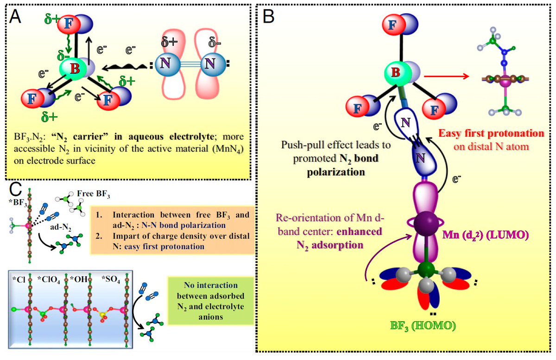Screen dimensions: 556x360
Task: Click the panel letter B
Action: (x=268, y=16)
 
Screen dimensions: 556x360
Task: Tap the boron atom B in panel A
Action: (x=74, y=68)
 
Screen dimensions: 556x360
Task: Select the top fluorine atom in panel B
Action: (x=394, y=25)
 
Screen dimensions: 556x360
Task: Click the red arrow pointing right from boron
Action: (x=446, y=76)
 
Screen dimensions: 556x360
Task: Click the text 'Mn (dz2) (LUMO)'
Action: (x=486, y=234)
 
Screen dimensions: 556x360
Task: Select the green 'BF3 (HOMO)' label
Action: (x=423, y=326)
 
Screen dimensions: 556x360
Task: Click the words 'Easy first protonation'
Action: (x=491, y=133)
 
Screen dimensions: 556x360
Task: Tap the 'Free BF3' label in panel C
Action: (x=93, y=194)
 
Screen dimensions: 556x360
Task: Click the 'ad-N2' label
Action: (x=61, y=227)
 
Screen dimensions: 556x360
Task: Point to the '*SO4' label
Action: (x=111, y=279)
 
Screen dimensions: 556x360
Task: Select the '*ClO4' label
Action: (x=49, y=279)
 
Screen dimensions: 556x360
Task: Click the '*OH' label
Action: (x=78, y=279)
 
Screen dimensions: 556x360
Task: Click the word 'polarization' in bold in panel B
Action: (x=336, y=172)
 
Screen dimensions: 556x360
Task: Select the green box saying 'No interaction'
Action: (x=211, y=301)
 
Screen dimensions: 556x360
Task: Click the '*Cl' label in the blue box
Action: (x=19, y=279)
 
